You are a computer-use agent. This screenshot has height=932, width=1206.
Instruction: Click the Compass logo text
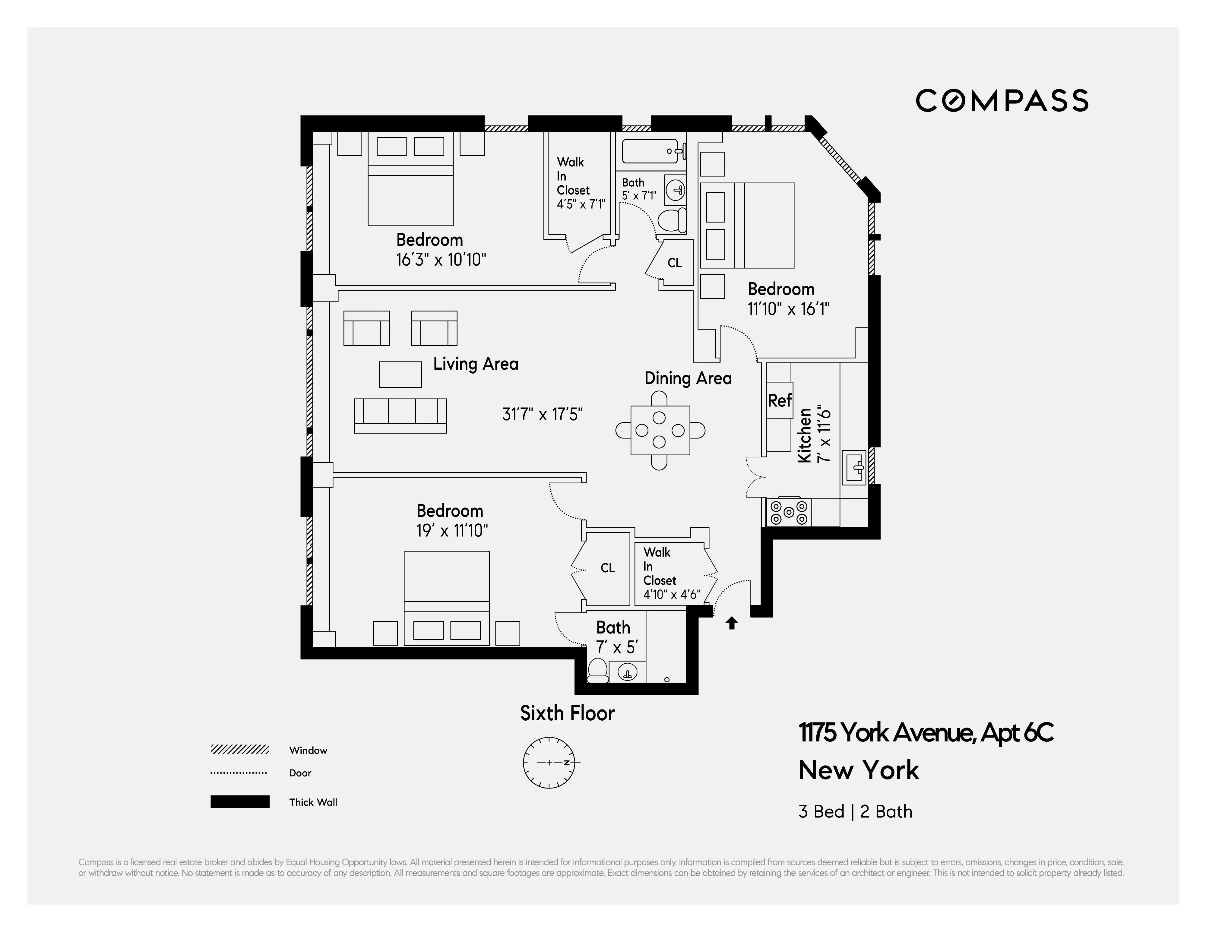[x=1002, y=100]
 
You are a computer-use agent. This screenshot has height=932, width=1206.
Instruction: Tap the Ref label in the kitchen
[x=779, y=400]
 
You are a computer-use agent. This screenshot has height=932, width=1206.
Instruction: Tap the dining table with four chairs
[x=660, y=430]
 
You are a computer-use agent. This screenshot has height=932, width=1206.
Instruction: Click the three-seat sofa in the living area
[x=400, y=415]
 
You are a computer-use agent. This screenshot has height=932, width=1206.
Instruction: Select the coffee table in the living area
[x=400, y=374]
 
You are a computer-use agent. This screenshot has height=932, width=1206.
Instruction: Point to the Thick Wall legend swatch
[x=240, y=802]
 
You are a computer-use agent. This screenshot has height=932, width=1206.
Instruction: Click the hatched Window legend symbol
[x=240, y=750]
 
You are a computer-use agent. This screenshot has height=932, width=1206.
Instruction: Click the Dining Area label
[x=688, y=378]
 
